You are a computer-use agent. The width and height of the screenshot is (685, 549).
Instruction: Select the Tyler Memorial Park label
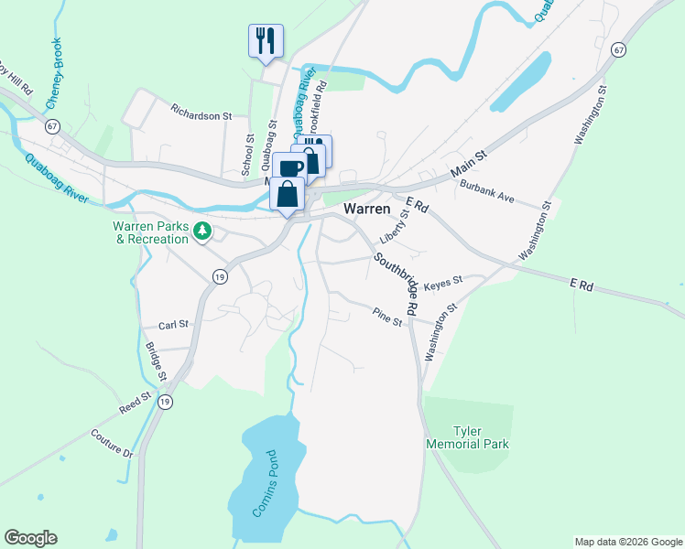pos(467,437)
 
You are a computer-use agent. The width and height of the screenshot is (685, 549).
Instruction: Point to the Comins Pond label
pos(266,484)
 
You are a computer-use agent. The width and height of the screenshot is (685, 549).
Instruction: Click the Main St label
pos(469,168)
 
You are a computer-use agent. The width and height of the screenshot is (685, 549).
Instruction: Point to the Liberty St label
pos(396,227)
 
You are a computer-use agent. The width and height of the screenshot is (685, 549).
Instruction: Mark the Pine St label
pos(387,317)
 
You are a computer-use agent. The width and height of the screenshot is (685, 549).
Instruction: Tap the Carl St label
pos(172,324)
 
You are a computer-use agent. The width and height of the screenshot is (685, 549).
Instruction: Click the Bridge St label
pos(156,361)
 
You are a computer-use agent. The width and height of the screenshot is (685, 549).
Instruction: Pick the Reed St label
pos(134,403)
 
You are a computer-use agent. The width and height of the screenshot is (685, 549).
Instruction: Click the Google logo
pos(30,538)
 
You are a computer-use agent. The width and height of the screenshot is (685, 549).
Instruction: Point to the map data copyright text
pos(627,542)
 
